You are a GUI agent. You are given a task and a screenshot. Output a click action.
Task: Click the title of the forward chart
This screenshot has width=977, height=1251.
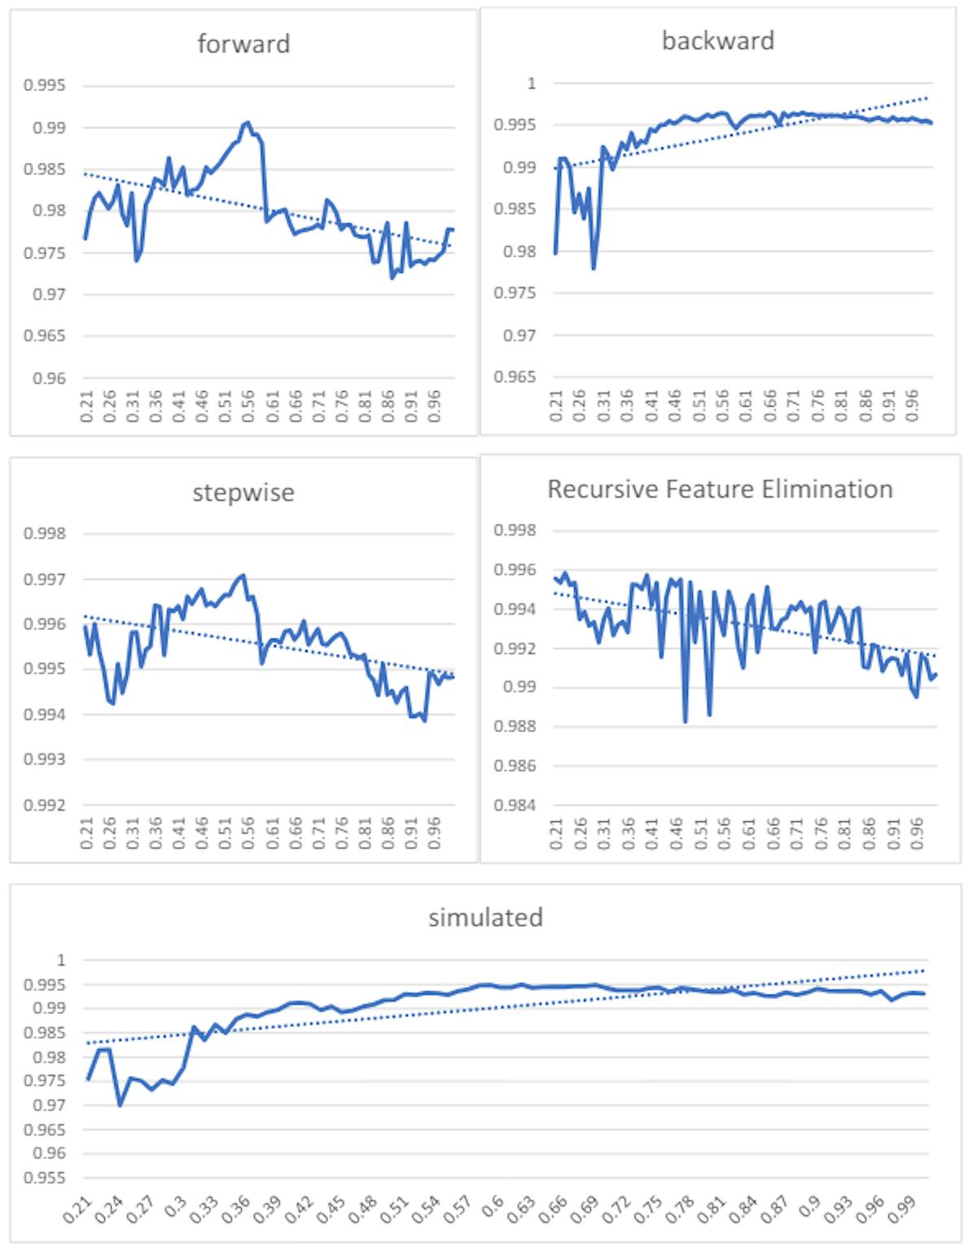243,43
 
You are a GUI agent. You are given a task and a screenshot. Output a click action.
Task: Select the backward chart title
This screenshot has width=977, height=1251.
717,41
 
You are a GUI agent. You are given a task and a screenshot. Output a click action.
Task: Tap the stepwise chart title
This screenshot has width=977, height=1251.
243,493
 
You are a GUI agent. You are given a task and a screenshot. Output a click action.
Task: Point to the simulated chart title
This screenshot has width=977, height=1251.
485,917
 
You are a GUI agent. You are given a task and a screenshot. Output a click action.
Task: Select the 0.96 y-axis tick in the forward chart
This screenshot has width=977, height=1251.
50,379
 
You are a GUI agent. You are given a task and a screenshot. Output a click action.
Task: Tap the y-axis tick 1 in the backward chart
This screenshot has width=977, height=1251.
532,83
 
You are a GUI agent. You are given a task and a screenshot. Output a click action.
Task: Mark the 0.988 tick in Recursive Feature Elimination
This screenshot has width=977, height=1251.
515,727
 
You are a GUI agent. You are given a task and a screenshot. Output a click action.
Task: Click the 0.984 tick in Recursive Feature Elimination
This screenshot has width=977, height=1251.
515,805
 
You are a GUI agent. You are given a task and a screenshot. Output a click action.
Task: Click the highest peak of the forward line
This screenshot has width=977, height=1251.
247,122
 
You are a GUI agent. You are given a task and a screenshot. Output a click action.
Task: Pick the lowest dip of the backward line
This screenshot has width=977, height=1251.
594,268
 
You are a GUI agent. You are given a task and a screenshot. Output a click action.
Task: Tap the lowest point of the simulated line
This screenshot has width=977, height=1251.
120,1105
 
